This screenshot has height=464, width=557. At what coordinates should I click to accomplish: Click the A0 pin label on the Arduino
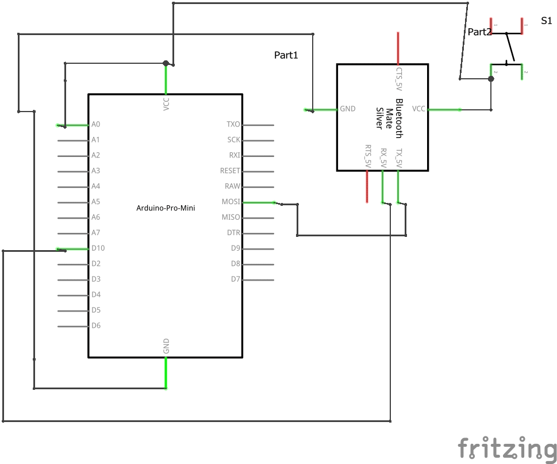[95, 124]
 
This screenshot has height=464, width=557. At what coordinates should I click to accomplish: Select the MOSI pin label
[231, 202]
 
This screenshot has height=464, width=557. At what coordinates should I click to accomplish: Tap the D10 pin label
[98, 248]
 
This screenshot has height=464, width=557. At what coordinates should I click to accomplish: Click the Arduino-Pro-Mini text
[166, 208]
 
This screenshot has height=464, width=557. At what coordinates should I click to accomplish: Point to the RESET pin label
[230, 171]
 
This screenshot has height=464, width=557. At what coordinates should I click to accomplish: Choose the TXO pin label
[233, 124]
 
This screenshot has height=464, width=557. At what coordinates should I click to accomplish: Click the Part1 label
[286, 55]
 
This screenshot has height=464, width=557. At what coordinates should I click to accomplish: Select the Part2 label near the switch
[479, 32]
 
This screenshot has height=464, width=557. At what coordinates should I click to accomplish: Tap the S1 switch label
[546, 21]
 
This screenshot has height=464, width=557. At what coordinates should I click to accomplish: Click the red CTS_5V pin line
[398, 48]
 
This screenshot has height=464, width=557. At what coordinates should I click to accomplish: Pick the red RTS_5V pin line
[367, 187]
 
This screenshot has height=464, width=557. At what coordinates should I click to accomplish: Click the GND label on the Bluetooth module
[348, 109]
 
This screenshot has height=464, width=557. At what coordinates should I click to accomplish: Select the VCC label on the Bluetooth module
[418, 109]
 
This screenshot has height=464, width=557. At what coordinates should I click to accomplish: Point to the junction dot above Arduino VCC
[166, 63]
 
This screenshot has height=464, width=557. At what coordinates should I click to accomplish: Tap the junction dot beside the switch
[491, 79]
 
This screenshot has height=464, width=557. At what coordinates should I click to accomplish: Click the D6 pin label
[96, 325]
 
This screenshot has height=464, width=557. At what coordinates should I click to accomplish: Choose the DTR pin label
[233, 233]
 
